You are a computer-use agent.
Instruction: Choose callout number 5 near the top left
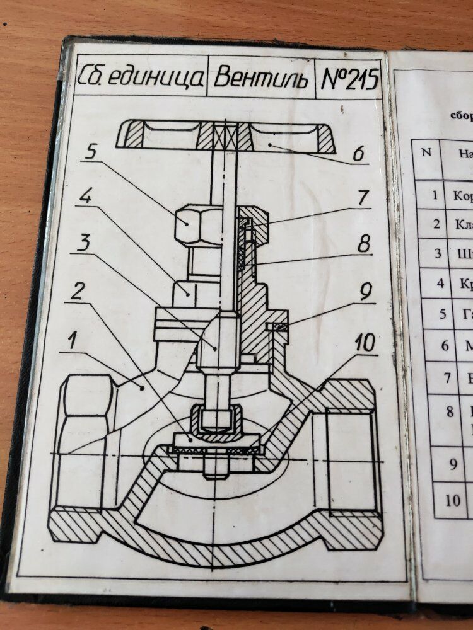91,151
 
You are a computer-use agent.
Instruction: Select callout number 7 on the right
362,197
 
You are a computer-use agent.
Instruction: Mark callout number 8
365,244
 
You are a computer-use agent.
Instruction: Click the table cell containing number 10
453,501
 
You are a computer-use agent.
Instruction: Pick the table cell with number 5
443,314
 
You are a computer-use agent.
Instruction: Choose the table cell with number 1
435,195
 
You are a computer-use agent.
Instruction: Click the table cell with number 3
438,255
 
